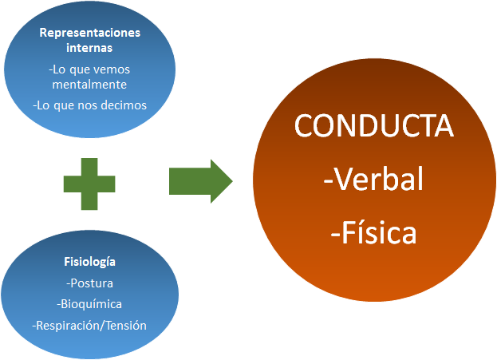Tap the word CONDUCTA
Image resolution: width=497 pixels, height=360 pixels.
point(374,126)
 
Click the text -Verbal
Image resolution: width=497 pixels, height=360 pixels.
point(373,180)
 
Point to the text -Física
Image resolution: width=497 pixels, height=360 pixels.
point(373,235)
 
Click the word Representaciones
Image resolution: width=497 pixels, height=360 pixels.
point(89,33)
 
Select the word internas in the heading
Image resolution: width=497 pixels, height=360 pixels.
point(89,48)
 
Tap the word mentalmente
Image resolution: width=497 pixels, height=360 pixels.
point(89,84)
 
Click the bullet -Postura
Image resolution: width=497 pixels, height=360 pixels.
point(89,283)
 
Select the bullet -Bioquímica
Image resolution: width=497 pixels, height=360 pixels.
point(89,303)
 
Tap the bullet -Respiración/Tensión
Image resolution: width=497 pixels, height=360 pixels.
point(89,325)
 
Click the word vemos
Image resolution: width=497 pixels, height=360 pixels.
point(112,69)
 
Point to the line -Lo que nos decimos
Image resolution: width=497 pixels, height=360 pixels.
point(89,105)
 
